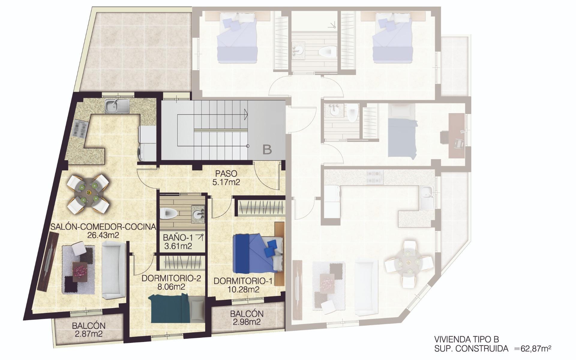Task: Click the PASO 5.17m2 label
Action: [226, 178]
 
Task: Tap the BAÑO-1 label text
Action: [178, 238]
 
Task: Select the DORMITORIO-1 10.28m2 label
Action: [243, 285]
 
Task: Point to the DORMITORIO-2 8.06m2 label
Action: [171, 282]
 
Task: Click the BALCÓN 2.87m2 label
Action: [88, 330]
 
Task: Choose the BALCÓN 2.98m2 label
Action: [247, 318]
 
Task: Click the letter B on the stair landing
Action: [267, 149]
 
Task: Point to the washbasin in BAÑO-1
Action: [198, 214]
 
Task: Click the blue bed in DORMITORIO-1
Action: [258, 253]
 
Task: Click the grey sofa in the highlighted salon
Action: [113, 270]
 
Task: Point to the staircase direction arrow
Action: [245, 114]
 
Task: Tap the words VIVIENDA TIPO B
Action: [466, 339]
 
